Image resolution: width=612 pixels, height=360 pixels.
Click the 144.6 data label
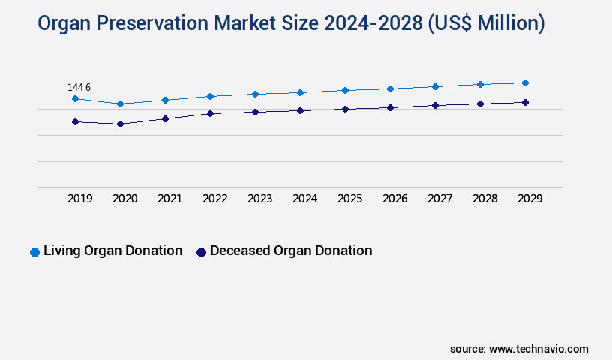click(x=79, y=88)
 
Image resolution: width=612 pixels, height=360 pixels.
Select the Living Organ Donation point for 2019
click(x=75, y=98)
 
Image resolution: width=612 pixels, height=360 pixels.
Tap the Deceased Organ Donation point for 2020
click(x=120, y=124)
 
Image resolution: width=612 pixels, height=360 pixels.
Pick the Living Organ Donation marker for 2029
click(x=525, y=82)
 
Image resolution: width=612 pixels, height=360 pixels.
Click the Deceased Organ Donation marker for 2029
click(x=525, y=102)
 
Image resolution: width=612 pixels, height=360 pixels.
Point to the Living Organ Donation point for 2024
click(x=300, y=92)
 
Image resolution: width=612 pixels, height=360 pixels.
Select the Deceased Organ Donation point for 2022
click(x=210, y=113)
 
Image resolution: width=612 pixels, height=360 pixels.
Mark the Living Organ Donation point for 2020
click(x=120, y=103)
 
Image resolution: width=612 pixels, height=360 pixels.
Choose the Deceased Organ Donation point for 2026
click(x=390, y=107)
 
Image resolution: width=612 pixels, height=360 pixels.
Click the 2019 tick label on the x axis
click(x=80, y=199)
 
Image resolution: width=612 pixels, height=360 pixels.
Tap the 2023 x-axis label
click(x=260, y=199)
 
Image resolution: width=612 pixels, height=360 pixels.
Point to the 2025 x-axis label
click(x=350, y=199)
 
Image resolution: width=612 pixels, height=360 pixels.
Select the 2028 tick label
click(x=485, y=199)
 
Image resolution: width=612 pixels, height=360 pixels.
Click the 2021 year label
click(x=170, y=199)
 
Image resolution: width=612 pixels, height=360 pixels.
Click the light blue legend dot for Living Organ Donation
click(x=34, y=252)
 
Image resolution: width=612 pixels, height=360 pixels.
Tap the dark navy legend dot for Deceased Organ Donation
click(x=201, y=252)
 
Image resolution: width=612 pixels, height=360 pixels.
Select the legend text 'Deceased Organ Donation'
click(x=291, y=251)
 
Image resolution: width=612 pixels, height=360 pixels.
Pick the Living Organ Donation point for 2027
click(x=435, y=86)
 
